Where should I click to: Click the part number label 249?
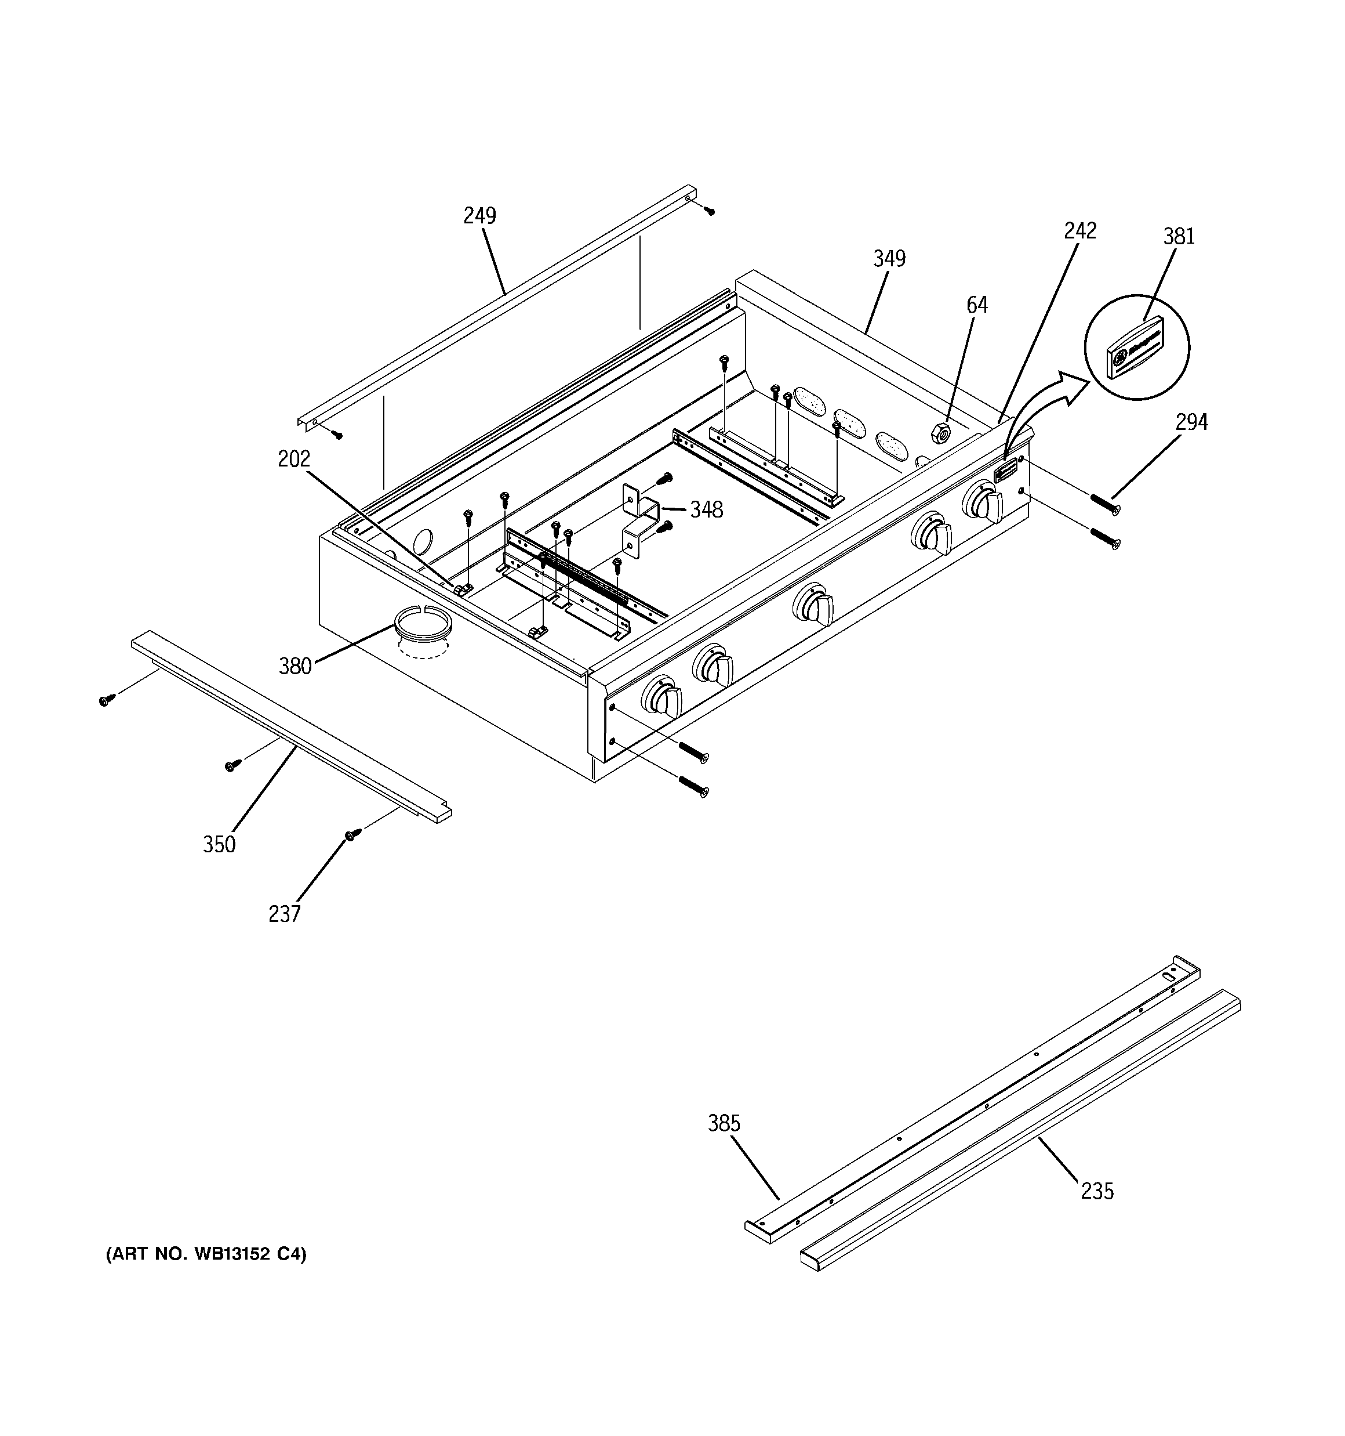(x=479, y=215)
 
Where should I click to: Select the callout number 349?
(x=889, y=258)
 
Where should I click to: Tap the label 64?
(x=976, y=305)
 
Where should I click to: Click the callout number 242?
(x=1079, y=230)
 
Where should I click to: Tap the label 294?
(x=1191, y=422)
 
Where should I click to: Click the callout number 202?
(x=294, y=459)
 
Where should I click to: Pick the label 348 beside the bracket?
(x=706, y=510)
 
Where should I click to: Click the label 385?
(x=724, y=1123)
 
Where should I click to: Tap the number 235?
(x=1097, y=1191)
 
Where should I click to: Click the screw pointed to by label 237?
(x=352, y=834)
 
